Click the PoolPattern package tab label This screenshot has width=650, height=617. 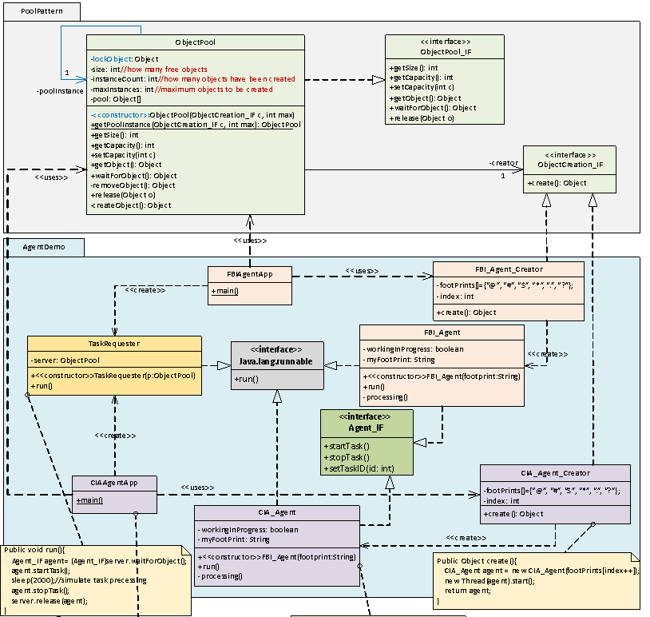(36, 11)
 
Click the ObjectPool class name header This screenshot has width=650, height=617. (195, 42)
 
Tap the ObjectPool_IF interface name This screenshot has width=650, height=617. (444, 51)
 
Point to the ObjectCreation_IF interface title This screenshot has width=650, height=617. (569, 164)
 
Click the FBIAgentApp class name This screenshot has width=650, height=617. (249, 273)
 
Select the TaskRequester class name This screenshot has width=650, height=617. (114, 343)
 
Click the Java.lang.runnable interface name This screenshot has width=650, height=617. (277, 362)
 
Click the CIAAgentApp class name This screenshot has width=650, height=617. (114, 484)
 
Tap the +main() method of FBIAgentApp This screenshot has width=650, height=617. (224, 291)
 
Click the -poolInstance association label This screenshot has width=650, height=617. (60, 91)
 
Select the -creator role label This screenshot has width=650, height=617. (503, 163)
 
